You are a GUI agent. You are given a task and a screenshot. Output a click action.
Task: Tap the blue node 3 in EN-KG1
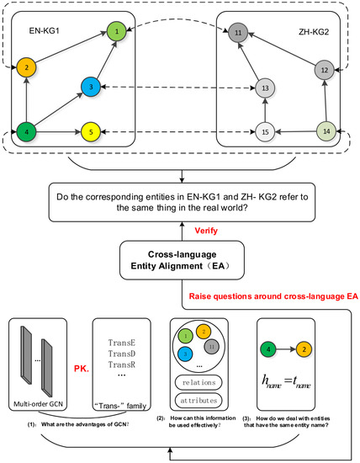(91, 87)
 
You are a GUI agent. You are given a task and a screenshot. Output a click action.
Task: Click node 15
(265, 132)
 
